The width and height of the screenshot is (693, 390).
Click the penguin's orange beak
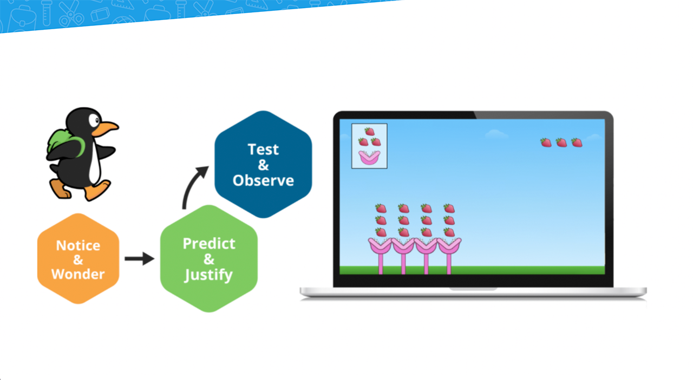(x=104, y=128)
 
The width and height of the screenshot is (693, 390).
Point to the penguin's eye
(x=94, y=120)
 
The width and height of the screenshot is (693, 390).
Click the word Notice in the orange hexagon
(x=79, y=245)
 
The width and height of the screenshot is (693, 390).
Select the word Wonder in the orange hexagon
(x=78, y=274)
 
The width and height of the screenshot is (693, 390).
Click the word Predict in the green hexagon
(x=209, y=244)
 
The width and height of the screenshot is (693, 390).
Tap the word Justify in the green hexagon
(x=208, y=275)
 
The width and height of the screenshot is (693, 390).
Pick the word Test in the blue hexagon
(x=263, y=149)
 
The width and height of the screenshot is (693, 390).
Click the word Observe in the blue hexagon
(x=263, y=180)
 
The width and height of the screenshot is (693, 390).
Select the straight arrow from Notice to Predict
(x=140, y=258)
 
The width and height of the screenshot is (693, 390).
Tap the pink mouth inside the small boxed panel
(x=369, y=157)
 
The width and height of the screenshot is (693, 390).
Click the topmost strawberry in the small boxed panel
(x=370, y=132)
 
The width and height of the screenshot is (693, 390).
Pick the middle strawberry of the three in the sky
(x=561, y=142)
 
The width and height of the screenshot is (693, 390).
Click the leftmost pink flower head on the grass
(x=380, y=246)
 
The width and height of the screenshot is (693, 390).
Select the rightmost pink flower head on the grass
(x=449, y=246)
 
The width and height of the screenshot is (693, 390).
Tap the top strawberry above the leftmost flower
(x=381, y=209)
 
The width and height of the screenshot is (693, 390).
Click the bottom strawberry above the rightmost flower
(x=449, y=232)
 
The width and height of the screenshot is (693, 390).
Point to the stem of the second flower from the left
(x=403, y=264)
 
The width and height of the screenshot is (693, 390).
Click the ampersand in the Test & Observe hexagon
(x=263, y=165)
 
